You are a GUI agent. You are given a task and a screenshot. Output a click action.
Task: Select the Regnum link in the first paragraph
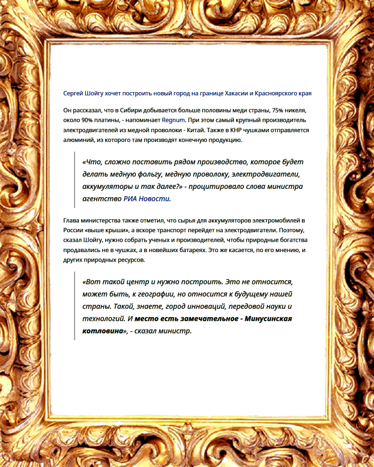tap(173, 120)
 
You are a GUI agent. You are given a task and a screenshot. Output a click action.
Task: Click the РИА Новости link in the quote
tap(147, 199)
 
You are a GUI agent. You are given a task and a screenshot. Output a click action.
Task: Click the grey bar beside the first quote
tap(75, 180)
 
